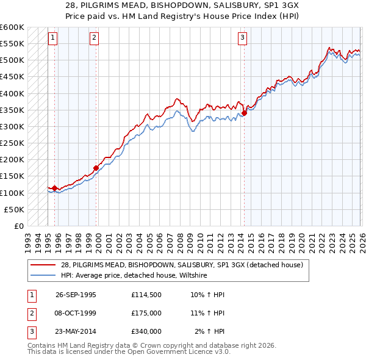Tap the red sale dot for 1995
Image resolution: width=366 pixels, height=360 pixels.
(x=55, y=188)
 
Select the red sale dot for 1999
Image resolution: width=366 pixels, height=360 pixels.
(x=96, y=168)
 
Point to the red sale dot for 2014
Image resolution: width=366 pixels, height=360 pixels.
(x=244, y=113)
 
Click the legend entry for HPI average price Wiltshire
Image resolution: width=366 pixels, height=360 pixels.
(x=134, y=275)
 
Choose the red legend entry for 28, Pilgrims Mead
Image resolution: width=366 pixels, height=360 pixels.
(x=185, y=265)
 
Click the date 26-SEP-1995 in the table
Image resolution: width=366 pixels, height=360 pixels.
(x=76, y=295)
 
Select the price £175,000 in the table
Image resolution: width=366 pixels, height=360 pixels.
(x=146, y=313)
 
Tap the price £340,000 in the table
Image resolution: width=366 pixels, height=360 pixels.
(x=146, y=331)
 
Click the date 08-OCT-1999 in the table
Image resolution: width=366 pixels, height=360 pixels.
(x=76, y=313)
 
